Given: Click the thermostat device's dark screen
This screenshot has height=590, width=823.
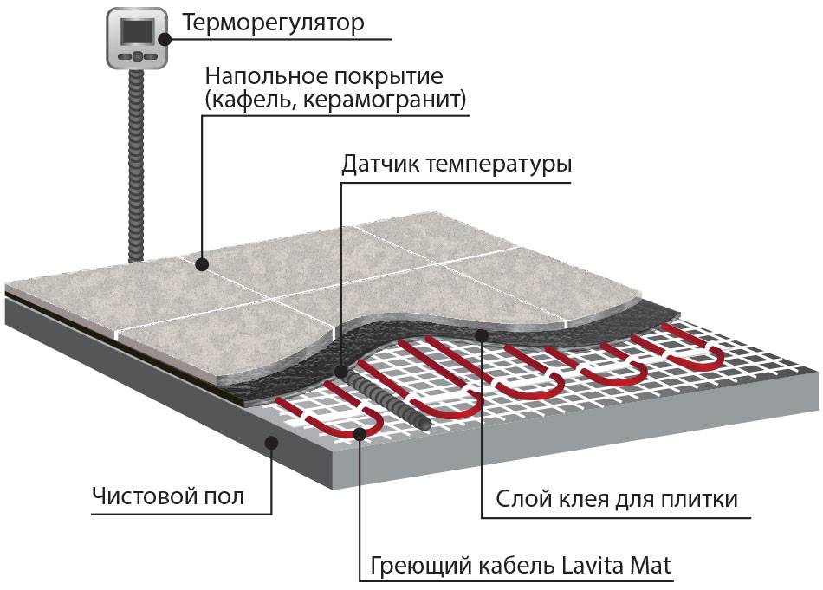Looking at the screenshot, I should pyautogui.click(x=136, y=32).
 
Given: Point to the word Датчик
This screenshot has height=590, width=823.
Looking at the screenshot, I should pyautogui.click(x=379, y=165).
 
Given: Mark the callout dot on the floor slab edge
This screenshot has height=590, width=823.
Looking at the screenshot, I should pyautogui.click(x=271, y=442).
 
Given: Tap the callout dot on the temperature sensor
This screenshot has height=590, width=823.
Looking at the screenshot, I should pyautogui.click(x=339, y=367).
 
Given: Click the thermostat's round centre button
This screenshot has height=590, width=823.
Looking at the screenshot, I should pyautogui.click(x=136, y=56).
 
